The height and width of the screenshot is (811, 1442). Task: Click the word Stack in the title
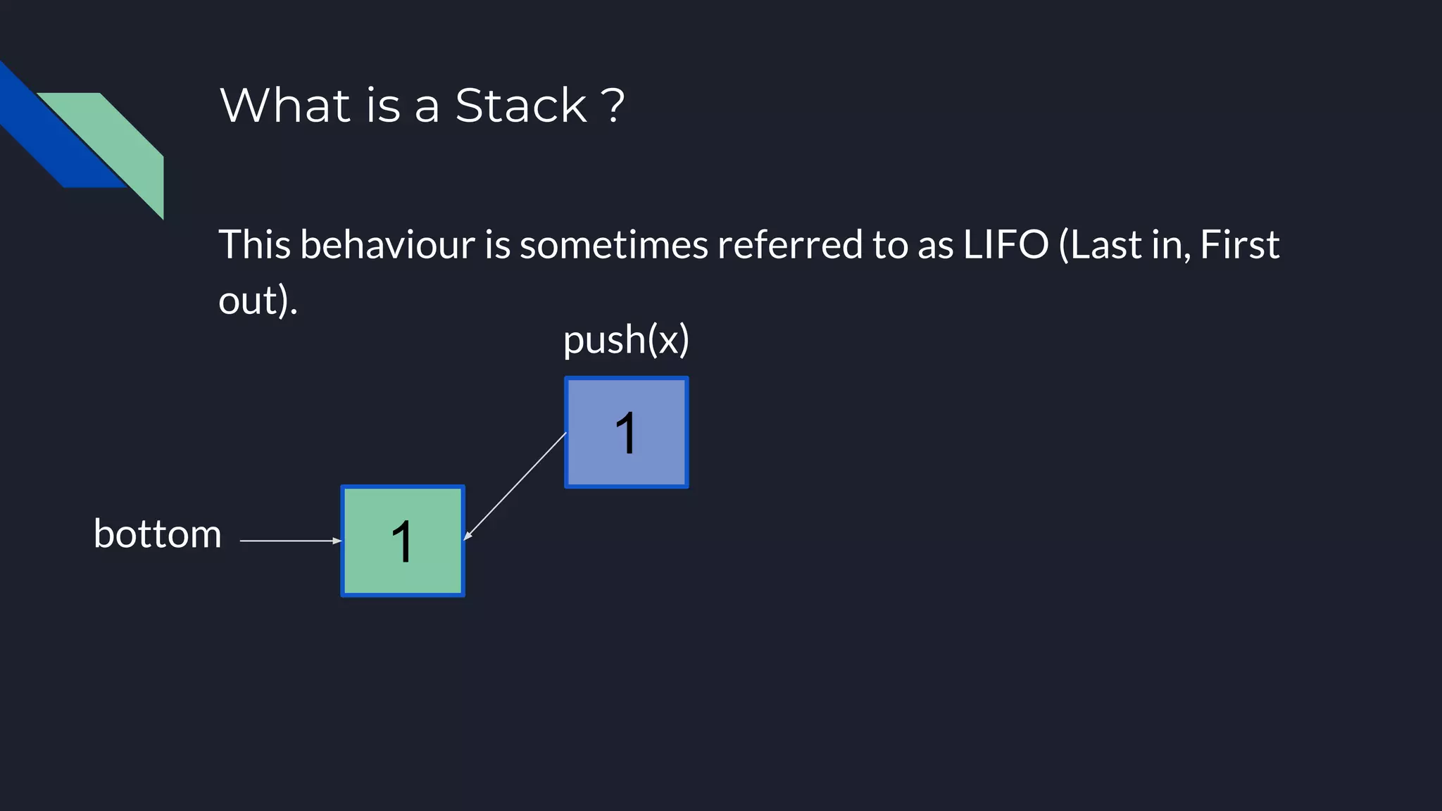coord(520,106)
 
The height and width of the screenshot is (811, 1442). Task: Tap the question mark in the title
coord(613,106)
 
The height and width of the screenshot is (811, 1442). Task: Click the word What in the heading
coord(285,106)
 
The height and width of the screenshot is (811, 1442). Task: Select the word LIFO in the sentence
coord(1005,245)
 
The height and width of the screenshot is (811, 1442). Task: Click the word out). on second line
coord(258,301)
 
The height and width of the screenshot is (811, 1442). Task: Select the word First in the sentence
coord(1239,245)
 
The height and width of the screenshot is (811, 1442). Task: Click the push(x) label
coord(626,341)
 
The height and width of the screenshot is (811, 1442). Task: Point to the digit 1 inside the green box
coord(402,542)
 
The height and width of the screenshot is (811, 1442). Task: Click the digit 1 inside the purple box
coord(626,433)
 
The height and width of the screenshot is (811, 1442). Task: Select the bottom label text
coord(158,534)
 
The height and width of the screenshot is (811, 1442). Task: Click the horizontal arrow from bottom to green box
coord(289,541)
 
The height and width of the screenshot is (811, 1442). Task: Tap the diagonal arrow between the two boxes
coord(515,486)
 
